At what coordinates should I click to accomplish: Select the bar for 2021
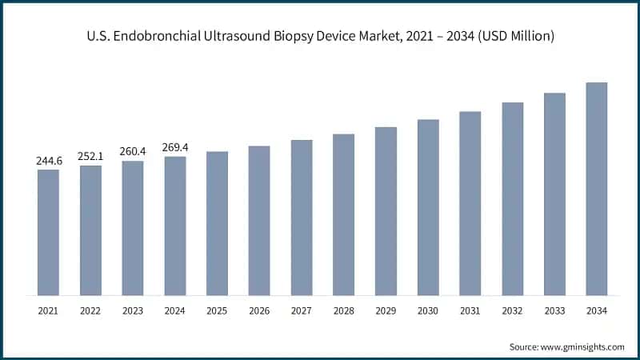[48, 232]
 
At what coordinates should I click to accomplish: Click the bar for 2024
[175, 226]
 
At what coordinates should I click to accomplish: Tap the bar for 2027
[302, 218]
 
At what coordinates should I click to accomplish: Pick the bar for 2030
[428, 207]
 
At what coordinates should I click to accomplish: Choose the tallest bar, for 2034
[597, 189]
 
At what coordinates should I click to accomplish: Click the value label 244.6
[49, 161]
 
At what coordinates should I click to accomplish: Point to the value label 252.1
[90, 156]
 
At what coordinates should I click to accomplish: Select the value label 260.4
[133, 152]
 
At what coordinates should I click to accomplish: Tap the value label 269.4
[175, 147]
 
